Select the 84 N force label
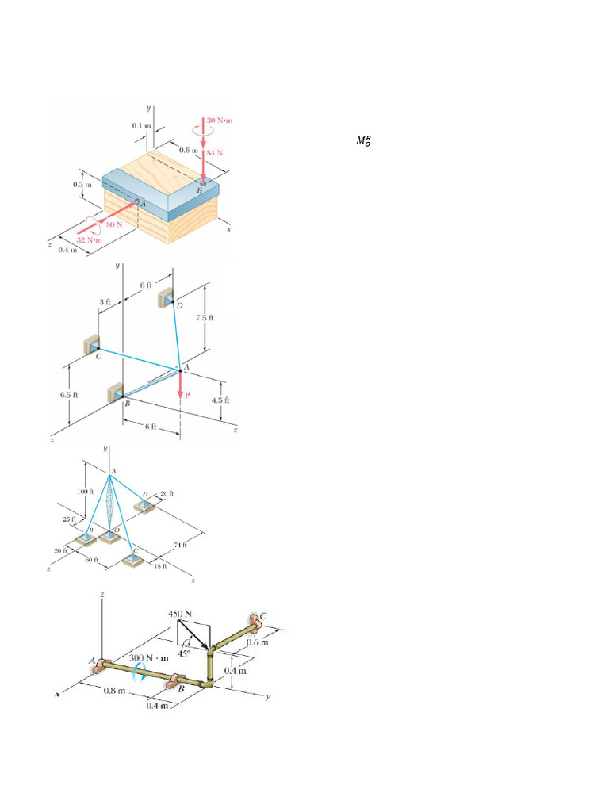216,153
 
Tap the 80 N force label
115,224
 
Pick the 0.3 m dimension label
82,185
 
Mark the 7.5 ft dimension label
205,318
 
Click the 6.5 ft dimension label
69,393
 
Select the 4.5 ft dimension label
220,400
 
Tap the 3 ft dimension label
105,302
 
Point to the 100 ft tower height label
85,492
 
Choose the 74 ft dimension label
180,544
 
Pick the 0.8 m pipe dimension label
116,691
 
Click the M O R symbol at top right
363,141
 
